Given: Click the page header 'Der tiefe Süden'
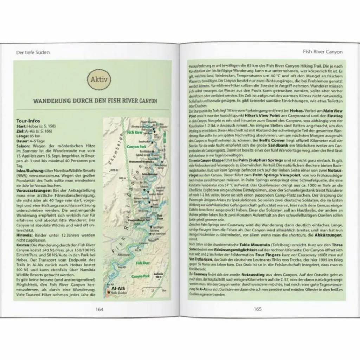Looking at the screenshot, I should (x=33, y=52).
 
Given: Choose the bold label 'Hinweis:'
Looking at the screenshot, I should (x=25, y=233).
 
